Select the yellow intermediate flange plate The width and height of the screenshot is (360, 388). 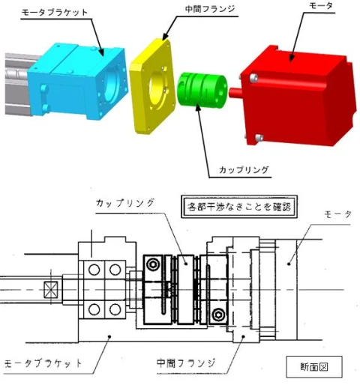click(x=153, y=86)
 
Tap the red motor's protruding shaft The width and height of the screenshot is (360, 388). click(x=235, y=93)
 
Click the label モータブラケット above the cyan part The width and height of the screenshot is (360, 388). click(x=55, y=13)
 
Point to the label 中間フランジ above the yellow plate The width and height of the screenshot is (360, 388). click(x=210, y=9)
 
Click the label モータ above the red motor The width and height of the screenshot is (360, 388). click(x=321, y=6)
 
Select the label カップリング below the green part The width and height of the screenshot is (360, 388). click(x=244, y=170)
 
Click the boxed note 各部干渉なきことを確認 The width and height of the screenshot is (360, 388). click(x=239, y=207)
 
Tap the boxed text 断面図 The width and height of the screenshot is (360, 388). click(x=314, y=367)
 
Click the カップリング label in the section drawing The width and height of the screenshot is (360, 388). click(x=125, y=203)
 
